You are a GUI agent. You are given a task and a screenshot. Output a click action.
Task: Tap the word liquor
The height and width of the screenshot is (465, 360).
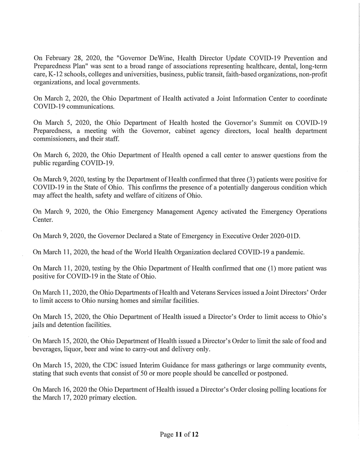click(x=73, y=349)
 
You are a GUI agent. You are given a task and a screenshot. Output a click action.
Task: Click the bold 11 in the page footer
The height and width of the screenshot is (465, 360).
click(x=178, y=434)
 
